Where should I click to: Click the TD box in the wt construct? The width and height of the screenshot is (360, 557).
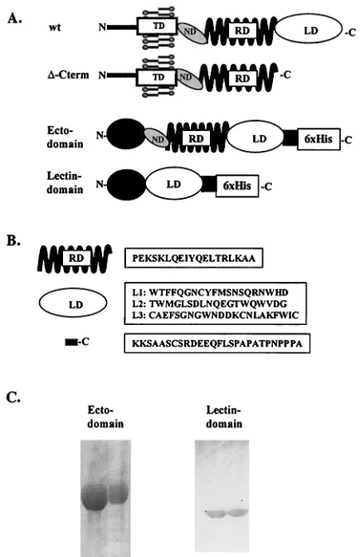157,27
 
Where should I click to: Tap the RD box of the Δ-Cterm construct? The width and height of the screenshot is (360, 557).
242,78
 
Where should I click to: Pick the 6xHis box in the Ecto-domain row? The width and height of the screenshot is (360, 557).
319,139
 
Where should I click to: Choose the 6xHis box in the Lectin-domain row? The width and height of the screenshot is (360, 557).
237,186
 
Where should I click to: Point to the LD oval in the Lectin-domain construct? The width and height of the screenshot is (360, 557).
173,184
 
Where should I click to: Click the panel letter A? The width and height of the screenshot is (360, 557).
15,17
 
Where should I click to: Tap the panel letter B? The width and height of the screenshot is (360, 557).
14,241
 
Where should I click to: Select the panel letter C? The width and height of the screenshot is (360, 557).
13,398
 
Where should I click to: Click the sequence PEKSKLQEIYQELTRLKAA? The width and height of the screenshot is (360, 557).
193,258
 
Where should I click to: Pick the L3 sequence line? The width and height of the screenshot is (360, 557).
216,315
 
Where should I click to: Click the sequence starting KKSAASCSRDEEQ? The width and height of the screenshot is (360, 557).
217,343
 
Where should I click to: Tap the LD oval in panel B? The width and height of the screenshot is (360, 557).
73,303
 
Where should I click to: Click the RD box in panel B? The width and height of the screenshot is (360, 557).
76,258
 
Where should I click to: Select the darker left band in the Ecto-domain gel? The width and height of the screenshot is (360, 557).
95,497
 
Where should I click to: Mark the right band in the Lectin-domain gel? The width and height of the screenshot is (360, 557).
237,513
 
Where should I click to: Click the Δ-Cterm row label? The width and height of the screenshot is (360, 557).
68,75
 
